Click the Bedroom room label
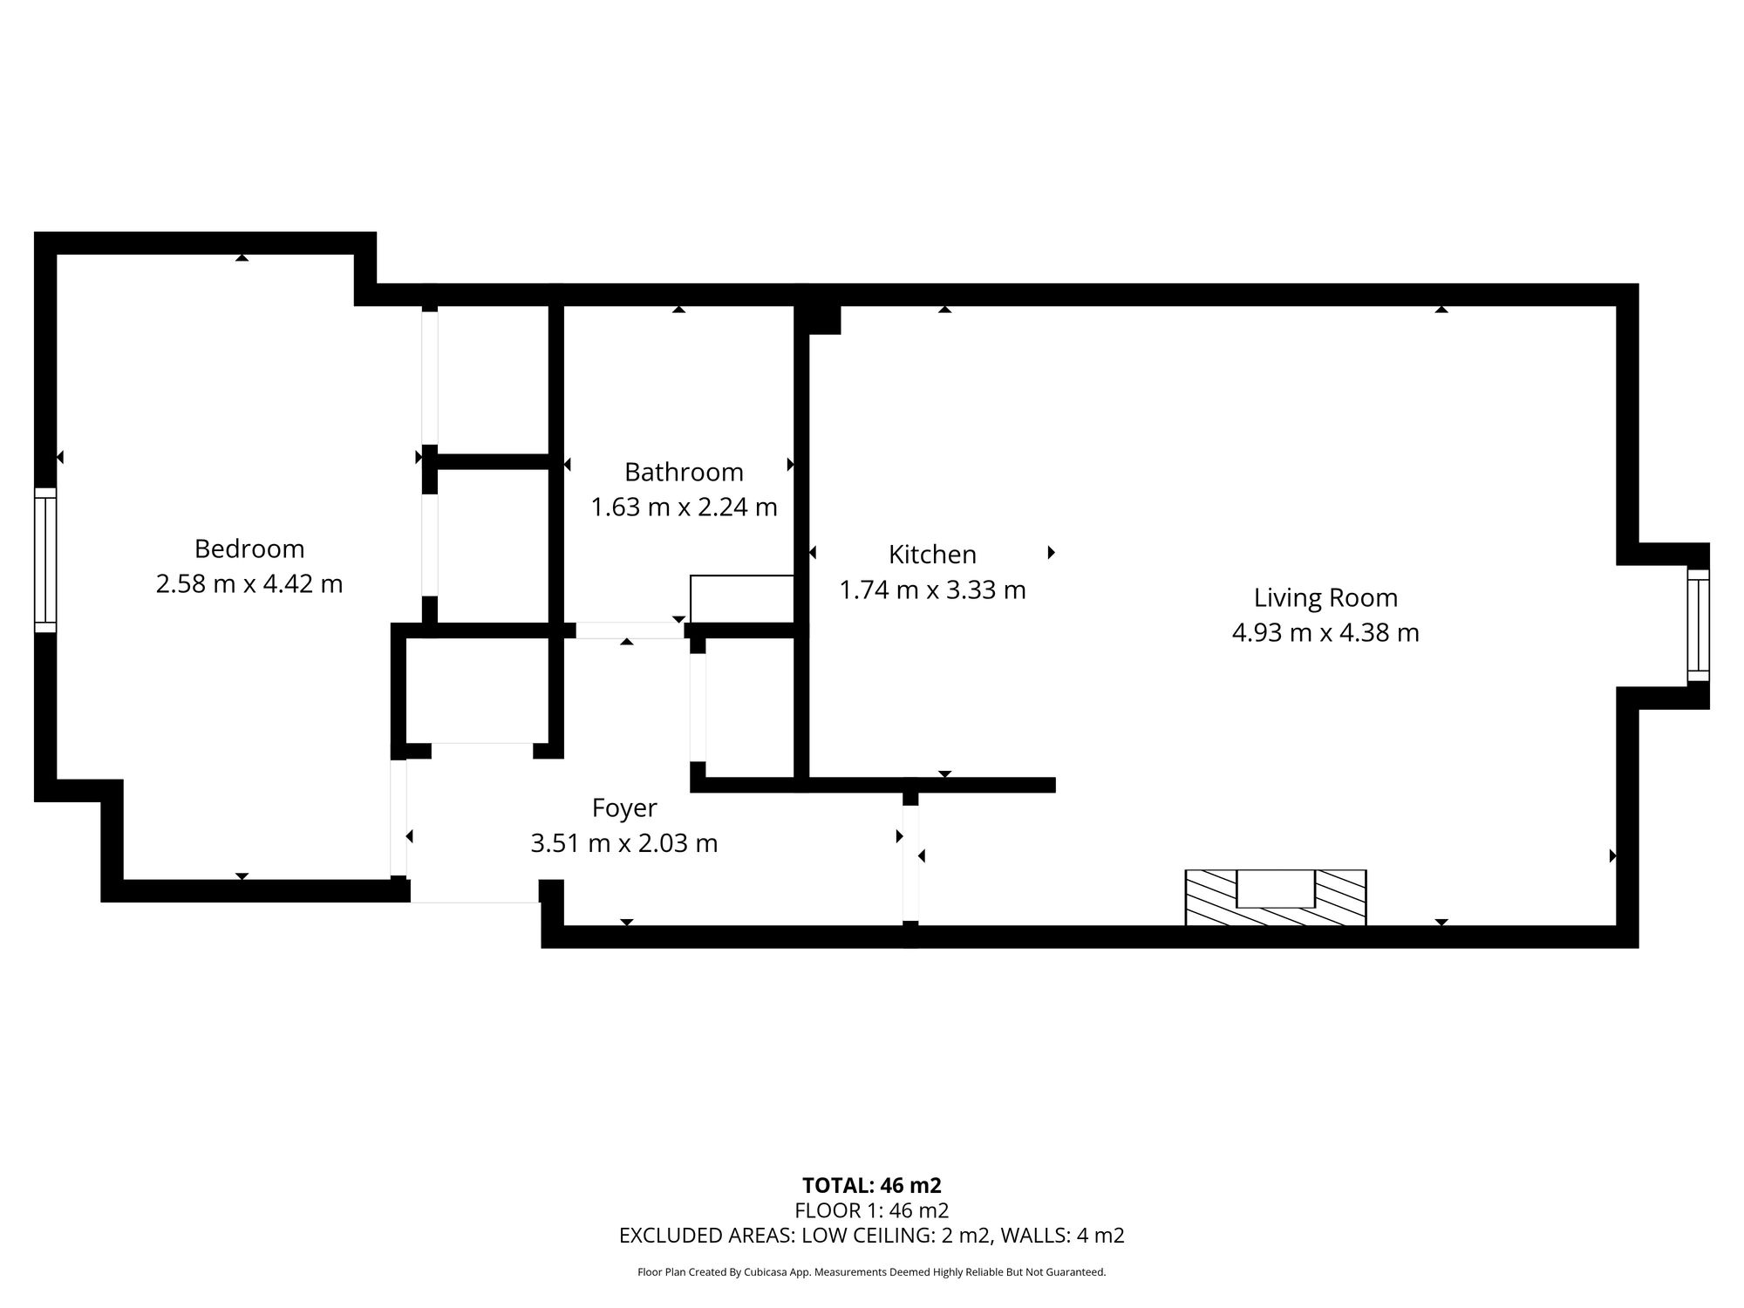pyautogui.click(x=249, y=548)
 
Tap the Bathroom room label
pyautogui.click(x=684, y=472)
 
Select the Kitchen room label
pyautogui.click(x=932, y=555)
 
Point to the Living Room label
pyautogui.click(x=1325, y=598)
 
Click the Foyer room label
pyautogui.click(x=624, y=808)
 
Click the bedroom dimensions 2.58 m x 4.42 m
pyautogui.click(x=249, y=583)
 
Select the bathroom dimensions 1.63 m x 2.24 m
pyautogui.click(x=684, y=507)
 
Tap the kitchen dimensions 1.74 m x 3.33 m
pyautogui.click(x=932, y=590)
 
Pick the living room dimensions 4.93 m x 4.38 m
pyautogui.click(x=1325, y=632)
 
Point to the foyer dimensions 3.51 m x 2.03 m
pyautogui.click(x=624, y=843)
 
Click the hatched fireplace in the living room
pyautogui.click(x=1275, y=897)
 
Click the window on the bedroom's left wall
pyautogui.click(x=45, y=559)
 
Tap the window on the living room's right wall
pyautogui.click(x=1698, y=624)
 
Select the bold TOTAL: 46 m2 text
pyautogui.click(x=872, y=1185)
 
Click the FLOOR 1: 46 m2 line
pyautogui.click(x=872, y=1210)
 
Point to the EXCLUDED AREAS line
pyautogui.click(x=872, y=1236)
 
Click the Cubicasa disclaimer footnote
pyautogui.click(x=872, y=1272)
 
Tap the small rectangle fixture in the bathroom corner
pyautogui.click(x=741, y=599)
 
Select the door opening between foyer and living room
pyautogui.click(x=910, y=862)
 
